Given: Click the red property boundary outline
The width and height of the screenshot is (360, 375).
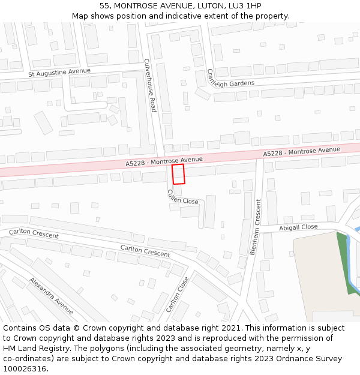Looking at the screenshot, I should point(178,174).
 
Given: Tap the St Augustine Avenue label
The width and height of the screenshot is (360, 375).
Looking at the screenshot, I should point(59,73).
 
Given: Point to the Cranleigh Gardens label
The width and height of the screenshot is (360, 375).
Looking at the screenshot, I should point(230,80).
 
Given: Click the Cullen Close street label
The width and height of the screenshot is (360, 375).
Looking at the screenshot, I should point(182,197).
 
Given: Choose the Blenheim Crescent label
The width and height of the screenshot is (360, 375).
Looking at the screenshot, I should point(255,227).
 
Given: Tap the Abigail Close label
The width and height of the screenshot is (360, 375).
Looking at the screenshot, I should point(298,227).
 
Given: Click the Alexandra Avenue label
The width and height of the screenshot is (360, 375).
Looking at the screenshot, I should point(51,295).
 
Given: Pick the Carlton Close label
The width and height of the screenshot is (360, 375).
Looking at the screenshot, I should point(177,295).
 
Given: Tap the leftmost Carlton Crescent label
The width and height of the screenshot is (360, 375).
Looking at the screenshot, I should point(34,233).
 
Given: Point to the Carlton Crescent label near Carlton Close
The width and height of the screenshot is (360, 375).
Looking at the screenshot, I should point(145,251).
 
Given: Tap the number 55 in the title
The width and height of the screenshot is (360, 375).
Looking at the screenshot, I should point(104,5).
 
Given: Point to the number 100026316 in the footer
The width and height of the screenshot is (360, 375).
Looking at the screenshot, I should point(25,369).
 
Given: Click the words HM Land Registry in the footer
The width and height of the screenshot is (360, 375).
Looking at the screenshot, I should point(30,349).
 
